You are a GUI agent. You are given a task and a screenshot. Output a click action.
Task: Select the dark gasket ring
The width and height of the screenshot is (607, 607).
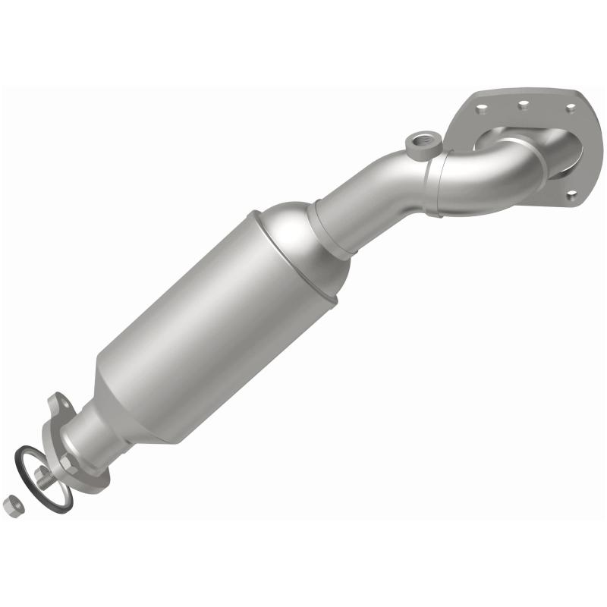(29, 460)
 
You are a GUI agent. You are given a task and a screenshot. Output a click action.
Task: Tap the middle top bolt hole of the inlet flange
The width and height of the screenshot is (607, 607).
(524, 103)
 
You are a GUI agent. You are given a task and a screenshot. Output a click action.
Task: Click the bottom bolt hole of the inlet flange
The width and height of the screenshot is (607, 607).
(571, 195)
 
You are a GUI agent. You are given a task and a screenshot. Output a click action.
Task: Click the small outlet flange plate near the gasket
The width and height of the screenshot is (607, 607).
(76, 455)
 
